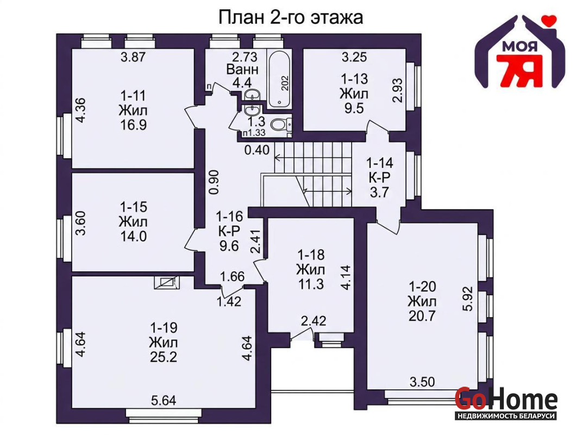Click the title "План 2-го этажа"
click(x=290, y=17)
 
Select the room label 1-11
click(x=133, y=96)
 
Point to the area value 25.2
click(x=164, y=357)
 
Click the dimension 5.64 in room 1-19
click(x=164, y=400)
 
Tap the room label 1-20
click(x=422, y=287)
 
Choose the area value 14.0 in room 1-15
click(x=133, y=237)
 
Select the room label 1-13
click(x=354, y=79)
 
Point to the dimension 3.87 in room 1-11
click(x=133, y=57)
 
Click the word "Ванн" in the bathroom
click(x=242, y=70)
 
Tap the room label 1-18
click(x=311, y=255)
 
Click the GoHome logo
click(x=506, y=402)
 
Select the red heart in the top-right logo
click(x=549, y=21)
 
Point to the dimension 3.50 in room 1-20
click(x=422, y=382)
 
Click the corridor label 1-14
click(x=380, y=163)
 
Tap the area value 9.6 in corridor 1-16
click(x=229, y=246)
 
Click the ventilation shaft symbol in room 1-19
click(x=167, y=283)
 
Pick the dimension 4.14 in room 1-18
click(x=346, y=277)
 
